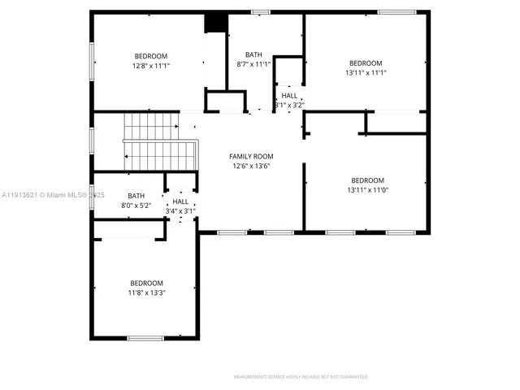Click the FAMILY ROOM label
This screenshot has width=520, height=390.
[x=250, y=156]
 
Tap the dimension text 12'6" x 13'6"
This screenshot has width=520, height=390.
[x=250, y=166]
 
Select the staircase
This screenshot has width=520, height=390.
[x=161, y=142]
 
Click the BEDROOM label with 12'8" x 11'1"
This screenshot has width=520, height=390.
[x=151, y=56]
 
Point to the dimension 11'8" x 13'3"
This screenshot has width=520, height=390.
[x=146, y=292]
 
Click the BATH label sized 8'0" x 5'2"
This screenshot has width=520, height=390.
[x=136, y=196]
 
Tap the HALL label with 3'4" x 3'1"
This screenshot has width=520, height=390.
[x=180, y=201]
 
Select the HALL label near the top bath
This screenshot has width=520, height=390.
[x=289, y=95]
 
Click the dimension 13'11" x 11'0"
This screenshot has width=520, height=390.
[x=368, y=190]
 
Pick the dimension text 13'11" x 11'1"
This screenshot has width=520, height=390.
[x=366, y=72]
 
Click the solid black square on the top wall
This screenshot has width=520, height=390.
[x=215, y=22]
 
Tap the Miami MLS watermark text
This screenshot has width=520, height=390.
[x=54, y=196]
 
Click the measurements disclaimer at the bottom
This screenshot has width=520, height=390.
[x=301, y=377]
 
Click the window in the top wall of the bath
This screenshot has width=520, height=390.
[x=261, y=12]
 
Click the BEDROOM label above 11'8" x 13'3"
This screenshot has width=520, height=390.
[x=146, y=283]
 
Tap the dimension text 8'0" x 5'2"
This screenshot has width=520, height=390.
[x=136, y=206]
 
